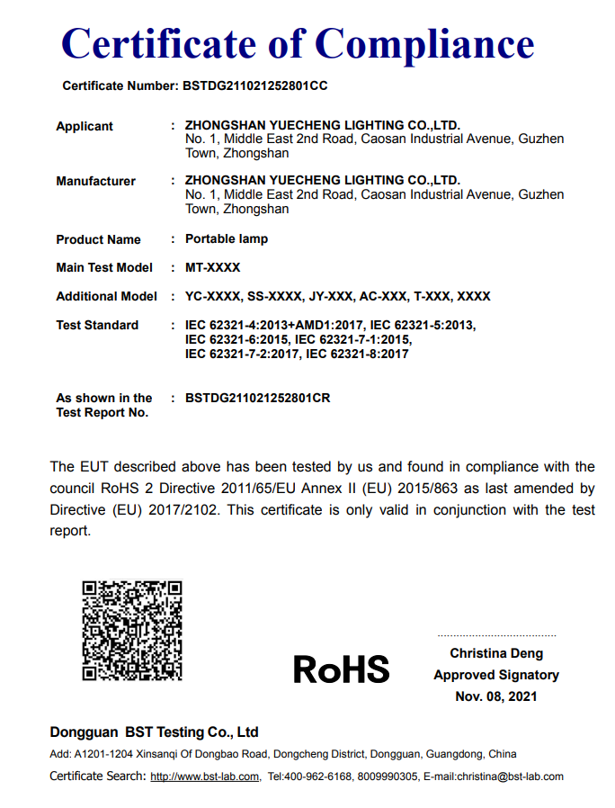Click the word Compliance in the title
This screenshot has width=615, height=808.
click(425, 42)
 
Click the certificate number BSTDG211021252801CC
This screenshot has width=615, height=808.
click(254, 86)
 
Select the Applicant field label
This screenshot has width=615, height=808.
click(85, 127)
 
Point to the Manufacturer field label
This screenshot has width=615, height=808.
click(95, 181)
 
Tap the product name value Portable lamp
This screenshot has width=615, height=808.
click(227, 239)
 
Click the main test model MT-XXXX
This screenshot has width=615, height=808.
click(213, 267)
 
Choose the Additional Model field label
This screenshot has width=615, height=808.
click(106, 296)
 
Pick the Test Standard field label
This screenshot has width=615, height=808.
click(97, 325)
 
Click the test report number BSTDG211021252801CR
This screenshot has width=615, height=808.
click(258, 398)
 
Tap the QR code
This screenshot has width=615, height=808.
click(132, 630)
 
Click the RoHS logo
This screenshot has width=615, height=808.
click(341, 669)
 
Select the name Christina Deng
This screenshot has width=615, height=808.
click(496, 653)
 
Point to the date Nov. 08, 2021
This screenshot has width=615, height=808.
click(496, 696)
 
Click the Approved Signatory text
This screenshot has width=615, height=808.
click(496, 675)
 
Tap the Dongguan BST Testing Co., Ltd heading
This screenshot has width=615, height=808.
click(154, 732)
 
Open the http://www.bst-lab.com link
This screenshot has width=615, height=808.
click(205, 777)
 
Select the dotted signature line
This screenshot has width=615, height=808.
click(496, 635)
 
